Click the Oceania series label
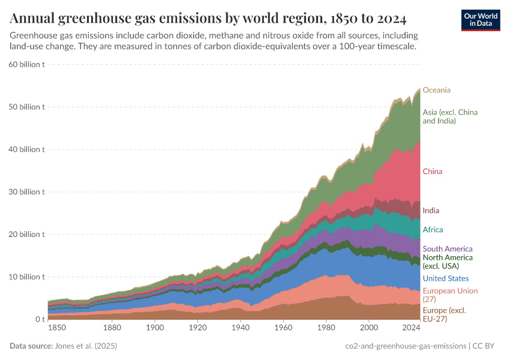coord(436,90)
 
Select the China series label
coord(432,172)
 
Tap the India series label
coord(431,211)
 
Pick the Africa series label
coord(433,230)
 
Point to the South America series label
coord(448,249)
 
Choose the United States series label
coord(446,278)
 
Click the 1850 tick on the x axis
coord(57,328)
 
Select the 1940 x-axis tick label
coord(241,328)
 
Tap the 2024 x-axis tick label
coord(411,328)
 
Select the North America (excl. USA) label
coord(448,261)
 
